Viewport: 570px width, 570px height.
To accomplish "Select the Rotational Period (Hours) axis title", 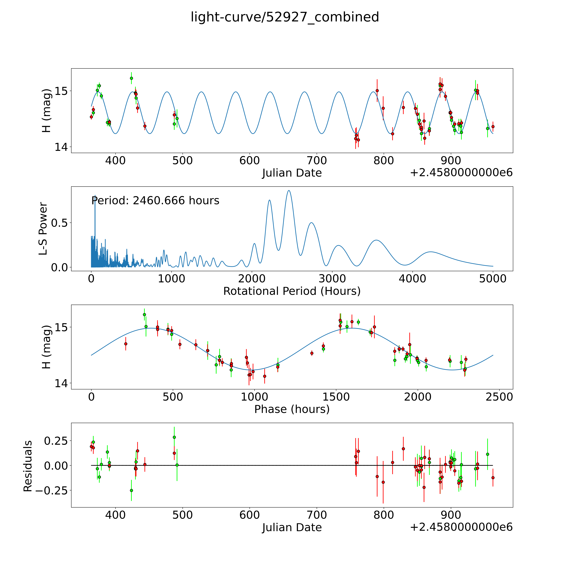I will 292,291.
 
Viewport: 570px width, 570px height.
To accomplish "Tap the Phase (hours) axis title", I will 292,409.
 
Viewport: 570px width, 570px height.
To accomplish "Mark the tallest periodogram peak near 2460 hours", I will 289,191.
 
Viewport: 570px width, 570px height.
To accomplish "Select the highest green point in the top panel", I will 131,78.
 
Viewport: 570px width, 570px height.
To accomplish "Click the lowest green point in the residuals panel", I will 131,490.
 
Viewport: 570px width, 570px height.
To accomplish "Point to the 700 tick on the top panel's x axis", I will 317,161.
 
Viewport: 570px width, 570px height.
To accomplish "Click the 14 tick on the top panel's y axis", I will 61,147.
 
